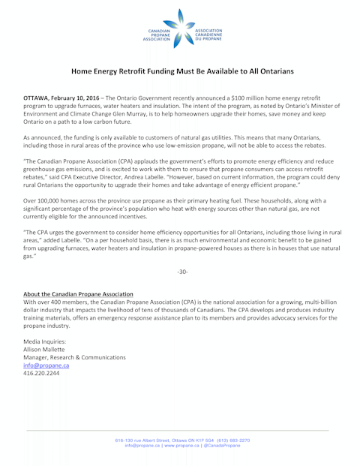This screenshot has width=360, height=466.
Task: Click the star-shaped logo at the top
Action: (180, 28)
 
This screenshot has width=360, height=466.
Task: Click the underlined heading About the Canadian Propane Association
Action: (78, 293)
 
